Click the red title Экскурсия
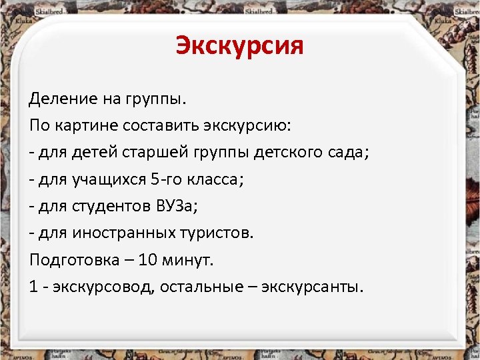(240, 46)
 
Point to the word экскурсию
(253, 126)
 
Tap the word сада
(351, 153)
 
